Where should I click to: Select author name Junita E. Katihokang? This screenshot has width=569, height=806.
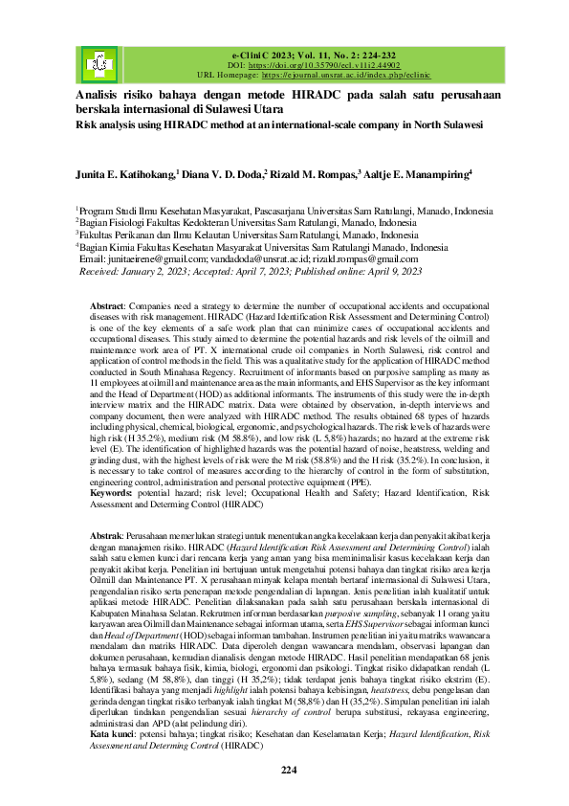coord(139,175)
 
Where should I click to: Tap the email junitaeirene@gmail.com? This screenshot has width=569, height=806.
coord(144,258)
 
